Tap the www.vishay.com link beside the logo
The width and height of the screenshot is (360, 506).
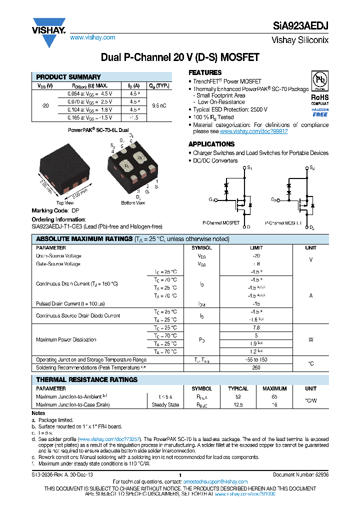pos(92,37)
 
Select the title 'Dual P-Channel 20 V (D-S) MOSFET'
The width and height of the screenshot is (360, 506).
pos(180,57)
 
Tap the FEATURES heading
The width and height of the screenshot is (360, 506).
pos(204,73)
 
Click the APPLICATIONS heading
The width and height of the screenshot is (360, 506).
pos(211,144)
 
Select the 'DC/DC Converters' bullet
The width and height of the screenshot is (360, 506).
pos(215,160)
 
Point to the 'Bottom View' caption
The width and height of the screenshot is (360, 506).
pos(132,203)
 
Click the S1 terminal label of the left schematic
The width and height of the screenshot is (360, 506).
pos(250,168)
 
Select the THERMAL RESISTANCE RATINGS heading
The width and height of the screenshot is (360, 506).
pos(86,380)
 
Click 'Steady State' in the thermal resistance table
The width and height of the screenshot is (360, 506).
pos(165,404)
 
